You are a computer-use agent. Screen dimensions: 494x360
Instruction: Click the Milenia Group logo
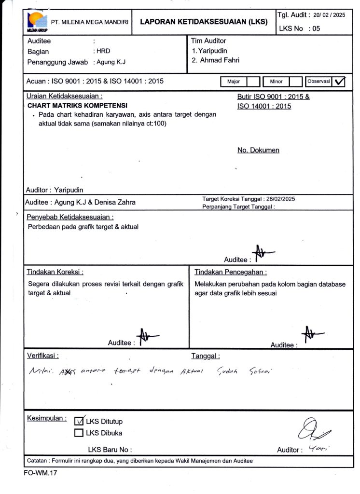tap(37, 22)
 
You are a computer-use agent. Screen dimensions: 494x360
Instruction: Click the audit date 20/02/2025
tap(329, 15)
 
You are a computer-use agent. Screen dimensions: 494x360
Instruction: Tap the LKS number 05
tap(316, 28)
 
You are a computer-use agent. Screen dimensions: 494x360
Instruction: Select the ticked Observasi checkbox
tap(340, 82)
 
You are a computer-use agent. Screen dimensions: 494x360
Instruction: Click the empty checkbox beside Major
tap(254, 82)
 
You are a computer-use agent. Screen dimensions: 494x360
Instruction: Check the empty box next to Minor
tap(295, 82)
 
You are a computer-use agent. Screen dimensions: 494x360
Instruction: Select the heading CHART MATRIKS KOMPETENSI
tap(77, 105)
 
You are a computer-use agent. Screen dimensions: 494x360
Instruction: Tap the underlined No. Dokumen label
tap(258, 150)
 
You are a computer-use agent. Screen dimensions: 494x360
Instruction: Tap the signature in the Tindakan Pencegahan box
tap(311, 334)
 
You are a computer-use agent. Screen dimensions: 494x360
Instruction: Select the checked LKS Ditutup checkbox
tap(79, 421)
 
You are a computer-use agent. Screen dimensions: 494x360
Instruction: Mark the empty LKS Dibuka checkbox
tap(79, 433)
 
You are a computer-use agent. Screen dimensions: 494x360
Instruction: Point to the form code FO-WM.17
tap(41, 473)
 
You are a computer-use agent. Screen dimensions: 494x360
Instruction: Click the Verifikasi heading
tap(42, 356)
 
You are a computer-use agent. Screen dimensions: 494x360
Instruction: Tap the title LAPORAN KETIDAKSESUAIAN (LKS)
tap(204, 22)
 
